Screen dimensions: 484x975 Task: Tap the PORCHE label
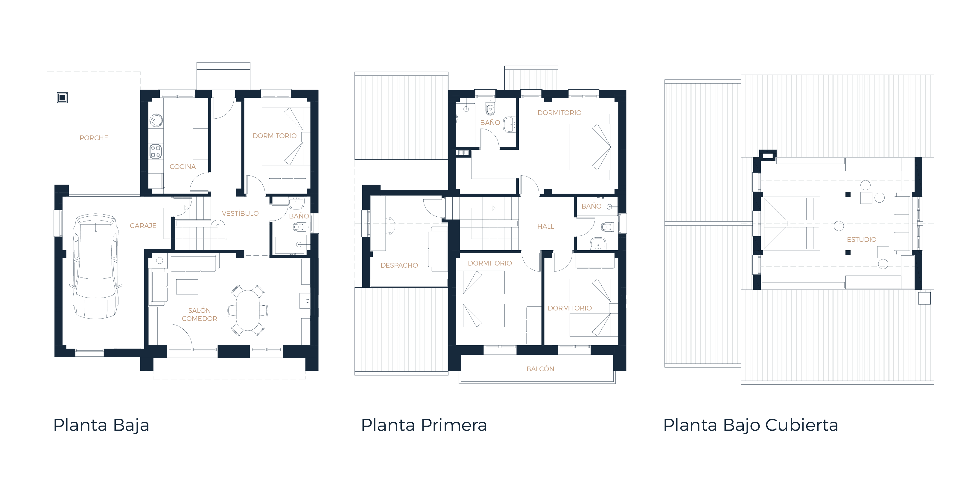click(x=94, y=138)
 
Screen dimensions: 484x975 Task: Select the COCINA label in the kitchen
click(x=182, y=167)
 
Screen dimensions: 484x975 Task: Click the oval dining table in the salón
click(x=248, y=310)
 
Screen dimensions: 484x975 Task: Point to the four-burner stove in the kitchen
click(x=156, y=151)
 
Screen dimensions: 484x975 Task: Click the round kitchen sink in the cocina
click(x=156, y=120)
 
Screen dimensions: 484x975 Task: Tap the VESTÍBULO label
click(x=240, y=213)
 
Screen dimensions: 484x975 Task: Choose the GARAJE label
click(x=143, y=226)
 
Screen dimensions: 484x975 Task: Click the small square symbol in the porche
click(x=63, y=97)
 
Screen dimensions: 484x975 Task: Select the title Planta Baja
click(x=101, y=425)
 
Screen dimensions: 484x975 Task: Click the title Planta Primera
click(x=424, y=425)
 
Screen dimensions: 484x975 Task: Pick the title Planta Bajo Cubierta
click(x=751, y=425)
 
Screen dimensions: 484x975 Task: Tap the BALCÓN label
click(x=540, y=369)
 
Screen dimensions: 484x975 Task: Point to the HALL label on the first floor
click(x=545, y=226)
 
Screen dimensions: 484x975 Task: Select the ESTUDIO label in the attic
click(x=861, y=239)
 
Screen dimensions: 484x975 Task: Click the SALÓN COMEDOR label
click(x=200, y=315)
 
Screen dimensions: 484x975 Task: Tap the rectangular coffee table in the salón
click(x=187, y=287)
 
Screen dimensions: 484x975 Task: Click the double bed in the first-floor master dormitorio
click(x=591, y=147)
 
